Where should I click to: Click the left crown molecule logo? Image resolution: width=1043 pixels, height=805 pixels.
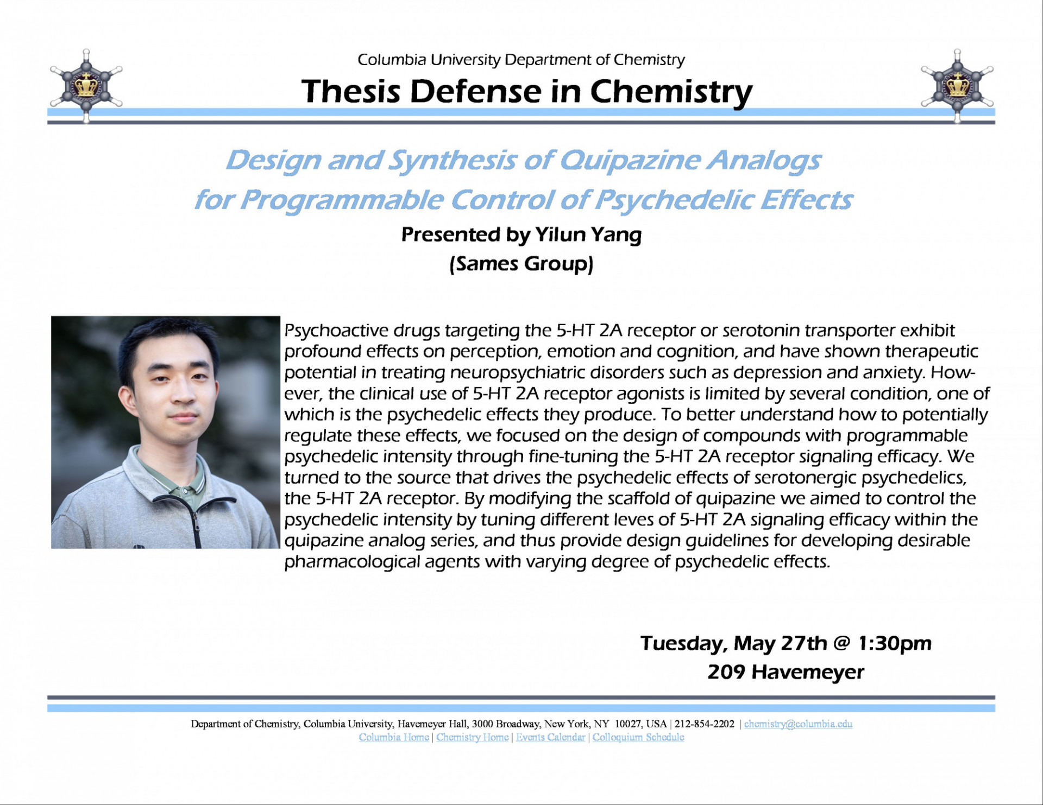86,86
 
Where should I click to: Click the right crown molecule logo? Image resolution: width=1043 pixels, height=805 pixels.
957,86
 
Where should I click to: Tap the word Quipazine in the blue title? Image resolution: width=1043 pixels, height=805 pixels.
630,160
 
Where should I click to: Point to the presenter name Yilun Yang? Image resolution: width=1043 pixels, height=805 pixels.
588,234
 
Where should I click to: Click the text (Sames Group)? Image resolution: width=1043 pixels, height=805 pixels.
521,264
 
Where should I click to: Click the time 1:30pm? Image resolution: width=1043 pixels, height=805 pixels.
894,643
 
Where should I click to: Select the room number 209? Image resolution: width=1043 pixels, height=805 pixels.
726,672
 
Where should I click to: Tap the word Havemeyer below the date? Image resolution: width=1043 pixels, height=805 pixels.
808,672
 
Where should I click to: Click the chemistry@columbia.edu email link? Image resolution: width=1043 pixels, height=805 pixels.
797,724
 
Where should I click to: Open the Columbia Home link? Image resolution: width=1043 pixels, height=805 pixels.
393,737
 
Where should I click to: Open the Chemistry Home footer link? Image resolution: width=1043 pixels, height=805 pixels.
472,737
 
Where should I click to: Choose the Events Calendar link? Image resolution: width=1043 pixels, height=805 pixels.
550,737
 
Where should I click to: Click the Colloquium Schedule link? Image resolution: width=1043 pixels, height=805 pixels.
638,737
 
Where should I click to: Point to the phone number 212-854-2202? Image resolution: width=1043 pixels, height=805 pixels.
704,724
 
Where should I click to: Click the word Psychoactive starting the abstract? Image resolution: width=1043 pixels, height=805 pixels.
336,331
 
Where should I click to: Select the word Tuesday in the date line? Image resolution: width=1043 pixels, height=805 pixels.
683,643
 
